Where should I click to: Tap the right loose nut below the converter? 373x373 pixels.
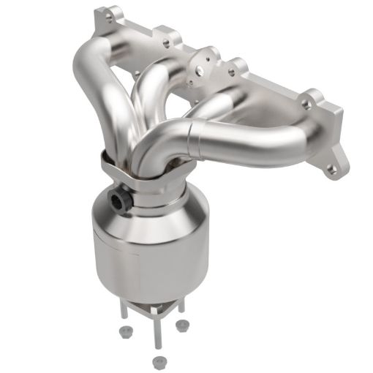coord(181,327)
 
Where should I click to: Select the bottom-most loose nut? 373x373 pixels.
coord(157,361)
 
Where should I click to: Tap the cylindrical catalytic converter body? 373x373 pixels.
coord(146,249)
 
